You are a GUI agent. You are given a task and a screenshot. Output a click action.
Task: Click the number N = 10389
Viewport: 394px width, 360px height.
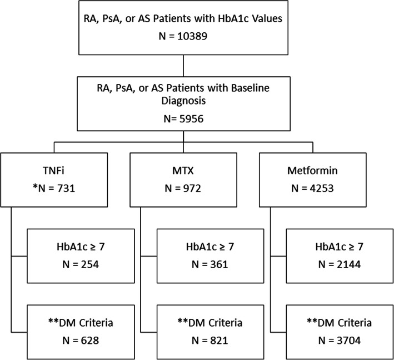tap(182, 38)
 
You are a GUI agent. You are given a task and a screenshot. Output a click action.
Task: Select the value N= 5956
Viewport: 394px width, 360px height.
tap(182, 119)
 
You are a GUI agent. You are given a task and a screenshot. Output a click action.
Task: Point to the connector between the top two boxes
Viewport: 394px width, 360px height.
tap(182, 65)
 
